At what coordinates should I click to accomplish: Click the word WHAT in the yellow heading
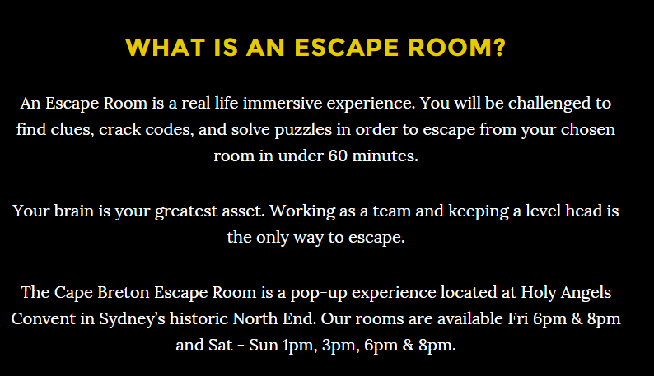pyautogui.click(x=166, y=48)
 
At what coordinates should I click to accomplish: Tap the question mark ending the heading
pyautogui.click(x=500, y=48)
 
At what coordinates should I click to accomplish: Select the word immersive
pyautogui.click(x=283, y=103)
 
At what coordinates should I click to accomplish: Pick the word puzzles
pyautogui.click(x=303, y=130)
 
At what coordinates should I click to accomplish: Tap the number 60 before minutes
pyautogui.click(x=338, y=156)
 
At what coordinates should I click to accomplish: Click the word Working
pyautogui.click(x=302, y=211)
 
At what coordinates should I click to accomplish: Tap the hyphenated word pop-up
pyautogui.click(x=319, y=293)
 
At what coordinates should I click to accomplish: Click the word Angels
pyautogui.click(x=586, y=293)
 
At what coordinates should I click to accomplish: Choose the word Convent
pyautogui.click(x=44, y=318)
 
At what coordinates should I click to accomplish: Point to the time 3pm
pyautogui.click(x=341, y=346)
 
